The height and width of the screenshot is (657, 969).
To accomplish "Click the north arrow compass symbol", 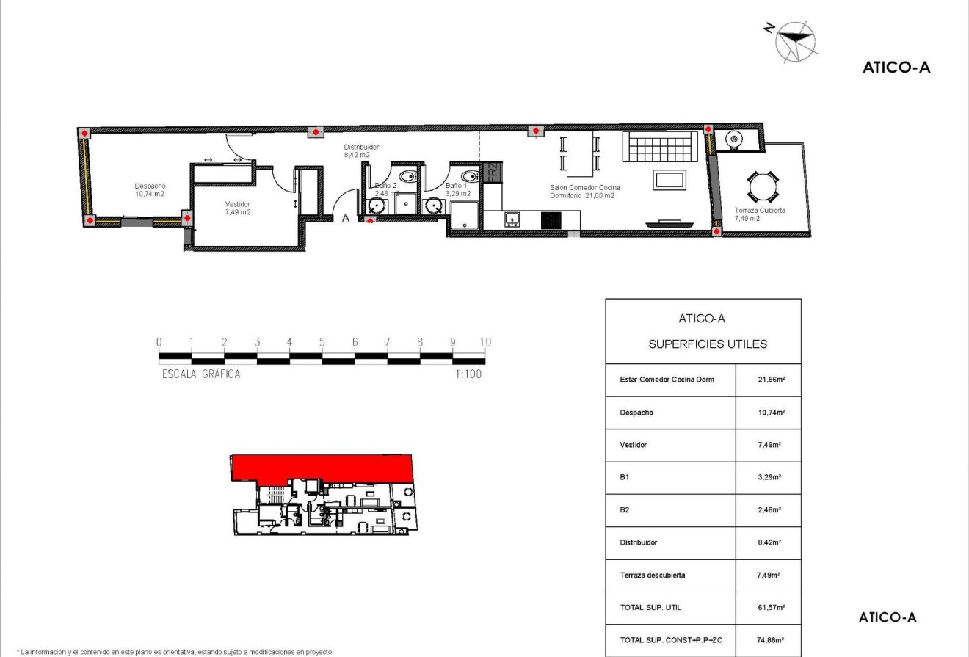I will [795, 40].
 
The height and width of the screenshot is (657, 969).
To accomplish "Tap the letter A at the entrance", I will [346, 217].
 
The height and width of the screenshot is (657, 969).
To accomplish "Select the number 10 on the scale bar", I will [484, 342].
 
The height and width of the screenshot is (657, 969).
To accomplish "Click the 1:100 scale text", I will [468, 374].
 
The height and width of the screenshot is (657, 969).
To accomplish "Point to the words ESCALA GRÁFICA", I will [200, 374].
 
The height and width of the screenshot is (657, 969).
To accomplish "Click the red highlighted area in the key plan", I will [323, 467].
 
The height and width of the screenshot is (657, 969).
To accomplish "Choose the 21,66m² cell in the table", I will [767, 380].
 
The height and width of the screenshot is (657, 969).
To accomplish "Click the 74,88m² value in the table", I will [767, 639].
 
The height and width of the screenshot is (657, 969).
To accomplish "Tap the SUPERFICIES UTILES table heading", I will [708, 344].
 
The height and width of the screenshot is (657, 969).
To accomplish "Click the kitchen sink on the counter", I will [512, 217].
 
